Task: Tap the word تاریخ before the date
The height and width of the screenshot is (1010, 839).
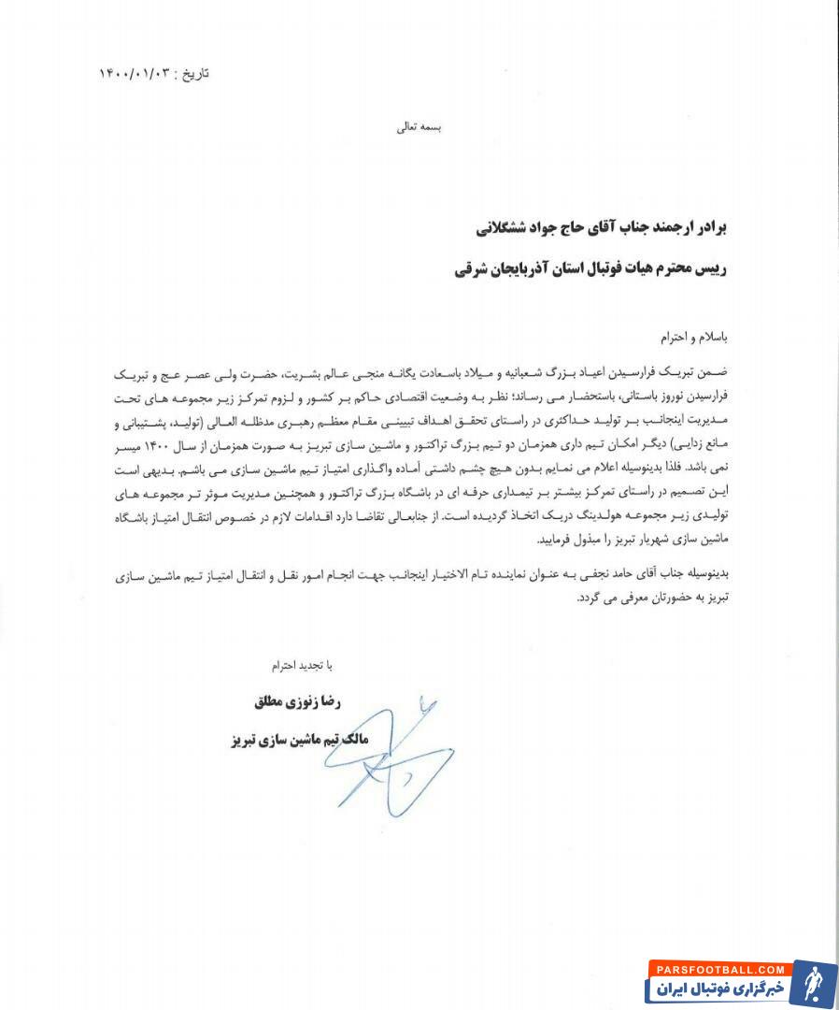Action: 194,73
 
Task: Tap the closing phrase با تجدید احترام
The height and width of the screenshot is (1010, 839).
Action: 301,666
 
